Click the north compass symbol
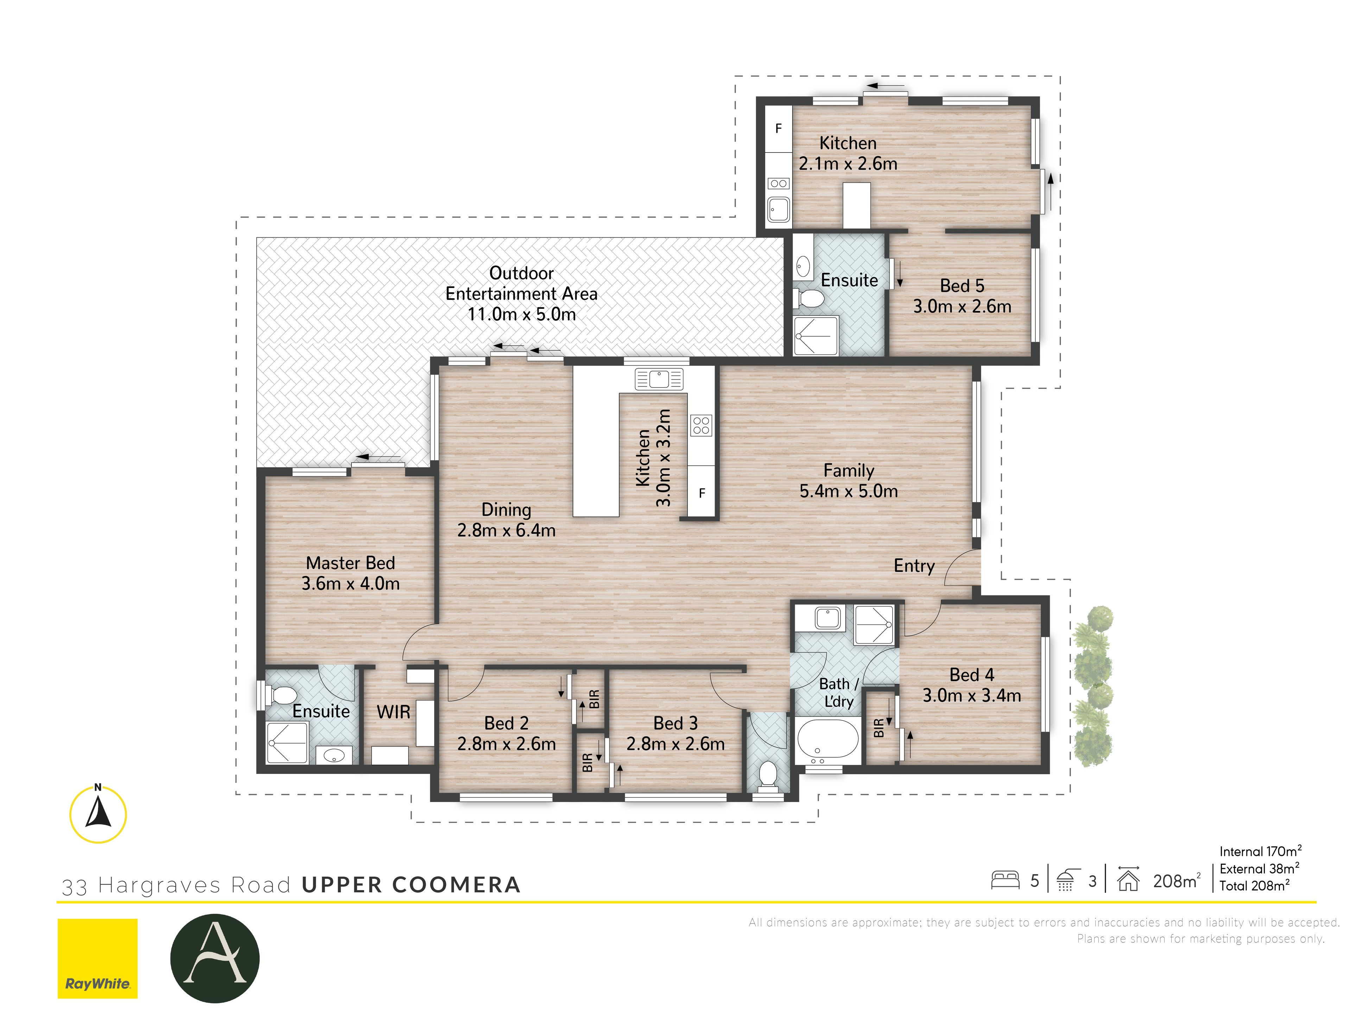98,814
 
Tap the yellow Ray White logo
98,958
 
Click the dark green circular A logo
215,958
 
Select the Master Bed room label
350,573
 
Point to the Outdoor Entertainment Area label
521,293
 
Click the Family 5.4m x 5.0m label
848,480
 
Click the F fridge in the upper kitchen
778,129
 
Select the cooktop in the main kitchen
701,425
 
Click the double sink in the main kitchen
658,379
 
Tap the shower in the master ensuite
287,742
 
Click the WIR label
393,712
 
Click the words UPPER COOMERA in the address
411,884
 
